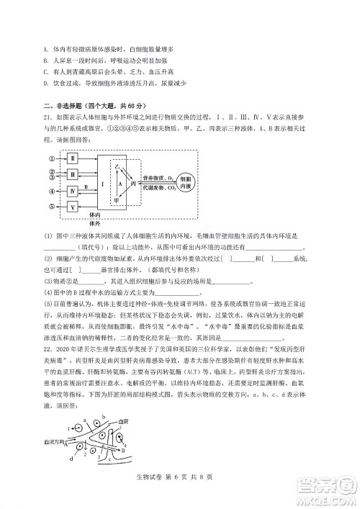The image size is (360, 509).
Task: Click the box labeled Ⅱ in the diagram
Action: pos(73,158)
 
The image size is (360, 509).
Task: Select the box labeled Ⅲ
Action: pos(73,174)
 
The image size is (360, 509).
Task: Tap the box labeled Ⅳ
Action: pos(73,191)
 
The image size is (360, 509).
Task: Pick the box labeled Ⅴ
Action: pos(73,207)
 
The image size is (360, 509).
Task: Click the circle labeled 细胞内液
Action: pos(184,181)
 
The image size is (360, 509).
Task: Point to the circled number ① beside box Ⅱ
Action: pos(52,158)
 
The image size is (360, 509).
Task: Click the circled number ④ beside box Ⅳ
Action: pos(52,191)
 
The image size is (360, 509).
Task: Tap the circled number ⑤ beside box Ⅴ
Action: pos(52,207)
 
